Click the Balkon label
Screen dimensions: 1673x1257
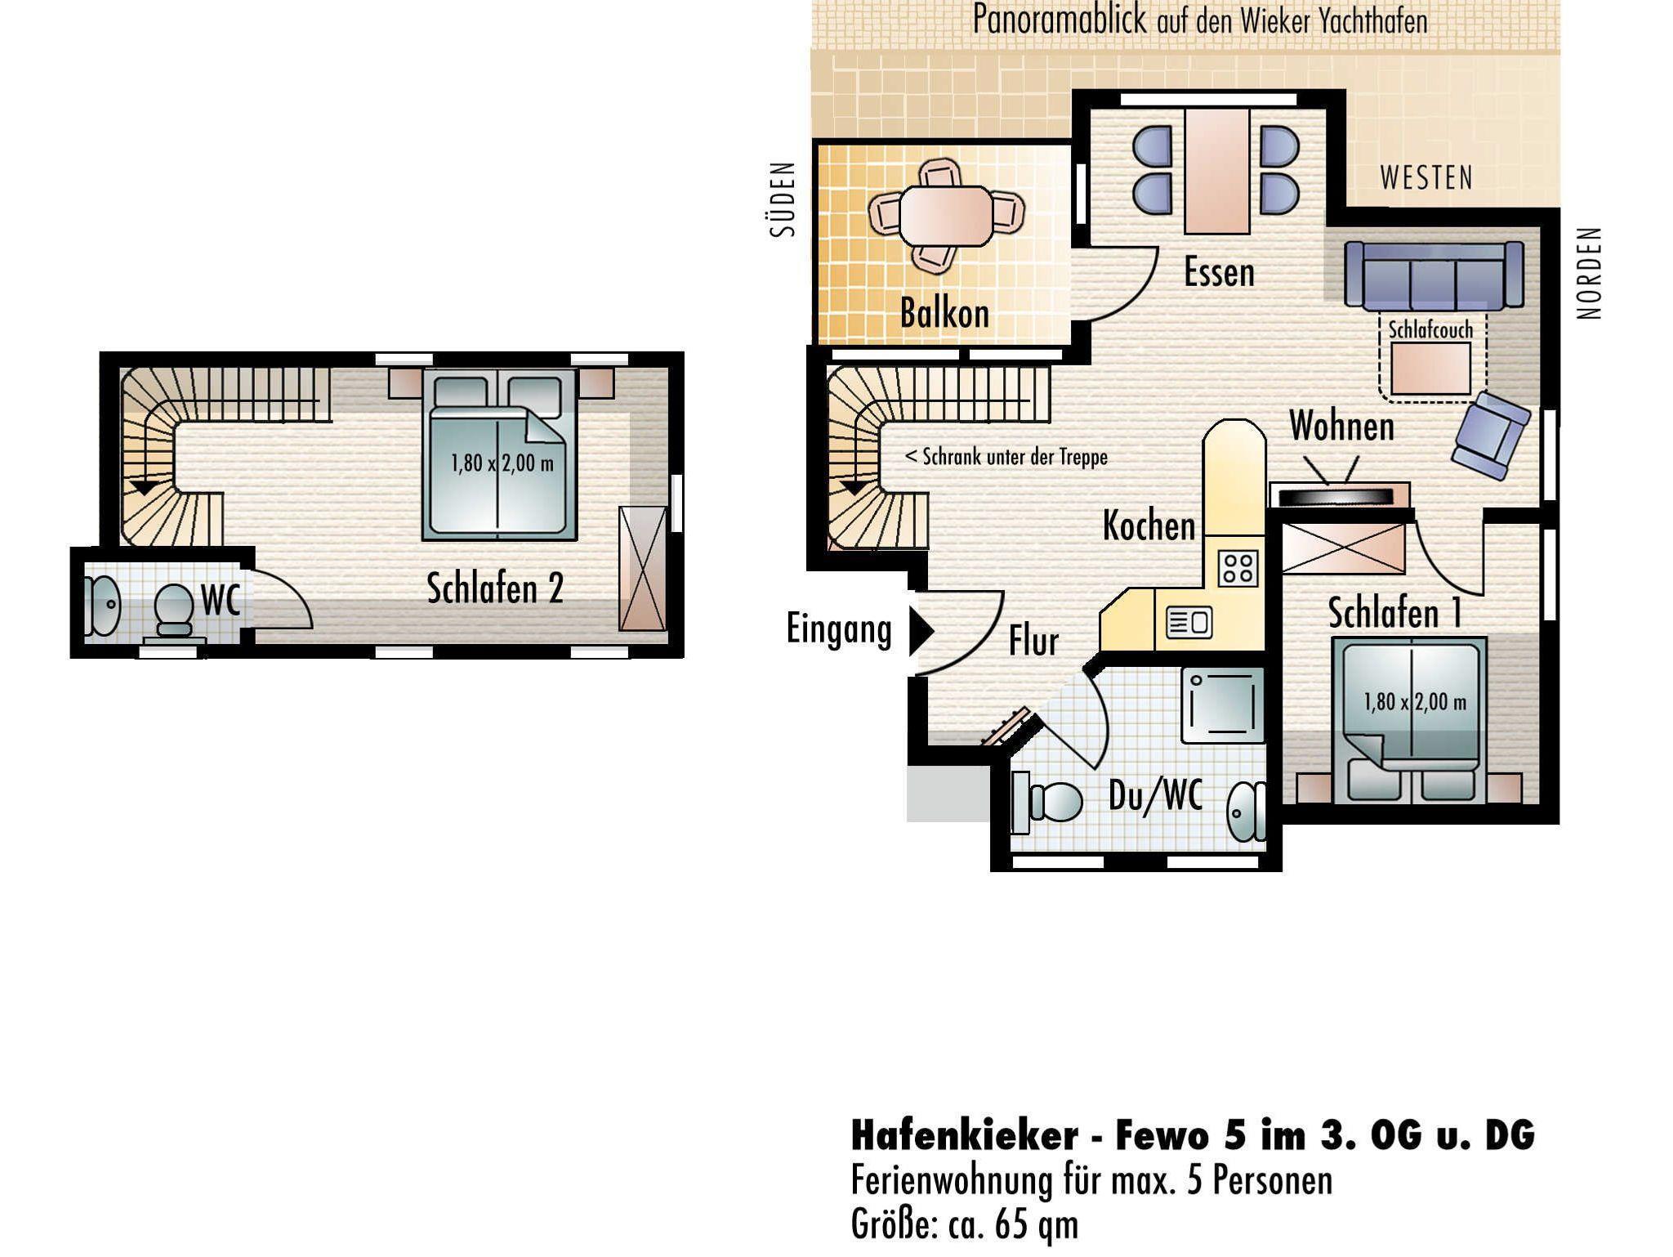[x=944, y=313]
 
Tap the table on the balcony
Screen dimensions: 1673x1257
[x=946, y=216]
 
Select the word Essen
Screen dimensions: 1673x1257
[x=1219, y=273]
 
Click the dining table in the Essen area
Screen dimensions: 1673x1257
[x=1217, y=171]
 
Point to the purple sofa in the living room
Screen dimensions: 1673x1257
[x=1434, y=275]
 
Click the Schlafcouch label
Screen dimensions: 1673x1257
[x=1430, y=330]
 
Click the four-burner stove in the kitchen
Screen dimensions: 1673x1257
[x=1238, y=568]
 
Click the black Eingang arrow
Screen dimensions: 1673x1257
[x=922, y=630]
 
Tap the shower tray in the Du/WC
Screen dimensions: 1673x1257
[x=1222, y=705]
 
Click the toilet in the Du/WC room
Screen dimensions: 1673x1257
[x=1048, y=801]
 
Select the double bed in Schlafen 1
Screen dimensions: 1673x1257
[x=1409, y=719]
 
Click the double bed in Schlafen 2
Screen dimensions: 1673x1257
[x=499, y=454]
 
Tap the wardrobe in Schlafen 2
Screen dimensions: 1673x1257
[x=643, y=569]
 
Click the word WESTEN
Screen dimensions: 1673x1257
[x=1426, y=178]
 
